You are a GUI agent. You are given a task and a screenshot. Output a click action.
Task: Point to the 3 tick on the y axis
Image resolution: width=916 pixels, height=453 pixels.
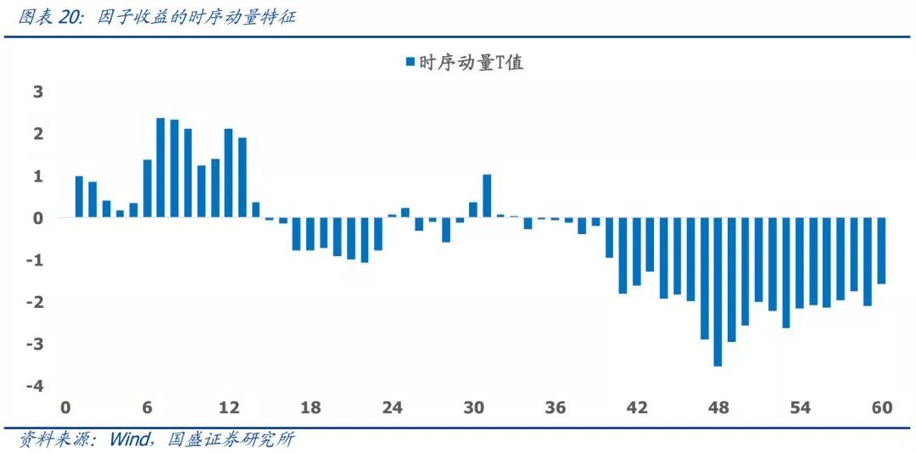38,92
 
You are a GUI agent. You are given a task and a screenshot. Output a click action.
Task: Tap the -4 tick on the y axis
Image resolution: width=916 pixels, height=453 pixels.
36,386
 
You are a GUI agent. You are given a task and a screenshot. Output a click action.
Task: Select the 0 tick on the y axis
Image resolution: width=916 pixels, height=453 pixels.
38,218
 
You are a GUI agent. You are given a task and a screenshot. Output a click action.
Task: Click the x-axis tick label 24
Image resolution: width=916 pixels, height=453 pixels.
392,408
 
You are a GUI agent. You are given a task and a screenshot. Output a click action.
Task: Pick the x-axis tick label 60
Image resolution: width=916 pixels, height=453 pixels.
882,408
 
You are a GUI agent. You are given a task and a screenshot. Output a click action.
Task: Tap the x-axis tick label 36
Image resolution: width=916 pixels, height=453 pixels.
556,408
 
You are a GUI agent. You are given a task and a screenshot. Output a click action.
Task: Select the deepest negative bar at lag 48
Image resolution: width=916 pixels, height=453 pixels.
718,292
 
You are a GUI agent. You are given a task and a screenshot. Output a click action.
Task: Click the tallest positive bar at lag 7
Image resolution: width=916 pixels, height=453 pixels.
160,168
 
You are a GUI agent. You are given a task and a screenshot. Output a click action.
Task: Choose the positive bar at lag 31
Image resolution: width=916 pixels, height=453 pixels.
487,196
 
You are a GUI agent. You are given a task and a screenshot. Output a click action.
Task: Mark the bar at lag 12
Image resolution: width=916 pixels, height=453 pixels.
228,173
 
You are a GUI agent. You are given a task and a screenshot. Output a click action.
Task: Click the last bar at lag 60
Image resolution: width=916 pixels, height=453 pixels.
881,251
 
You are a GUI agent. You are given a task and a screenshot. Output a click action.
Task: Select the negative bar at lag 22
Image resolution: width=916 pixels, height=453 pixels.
365,240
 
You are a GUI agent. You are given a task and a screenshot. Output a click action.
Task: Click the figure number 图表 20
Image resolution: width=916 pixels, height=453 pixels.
47,16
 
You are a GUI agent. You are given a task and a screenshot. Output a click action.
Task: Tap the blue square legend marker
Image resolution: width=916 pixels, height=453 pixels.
410,62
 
